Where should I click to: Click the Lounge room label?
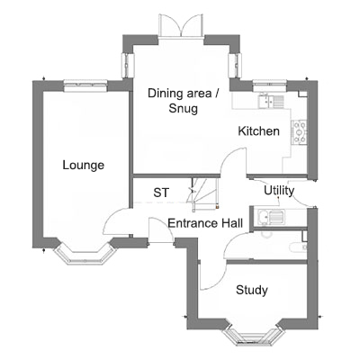point(83,166)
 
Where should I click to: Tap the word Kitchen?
point(258,131)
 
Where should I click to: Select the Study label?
point(252,290)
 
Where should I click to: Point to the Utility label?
point(279,191)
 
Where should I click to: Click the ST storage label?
point(161,193)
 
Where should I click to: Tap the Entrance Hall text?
point(205,223)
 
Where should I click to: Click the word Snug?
point(184,108)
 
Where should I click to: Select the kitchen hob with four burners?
point(300,132)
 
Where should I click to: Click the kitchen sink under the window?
point(271,101)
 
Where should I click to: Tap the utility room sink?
point(271,217)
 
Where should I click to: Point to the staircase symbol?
point(203,193)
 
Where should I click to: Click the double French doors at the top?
point(181,26)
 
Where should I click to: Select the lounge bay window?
point(85,254)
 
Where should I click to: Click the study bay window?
point(254,336)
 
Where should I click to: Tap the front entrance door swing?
point(160,230)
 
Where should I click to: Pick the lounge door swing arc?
point(115,222)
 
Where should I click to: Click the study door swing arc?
point(213,275)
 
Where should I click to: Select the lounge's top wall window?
point(85,85)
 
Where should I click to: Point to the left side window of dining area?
point(128,66)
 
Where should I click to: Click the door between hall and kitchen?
point(233,161)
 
